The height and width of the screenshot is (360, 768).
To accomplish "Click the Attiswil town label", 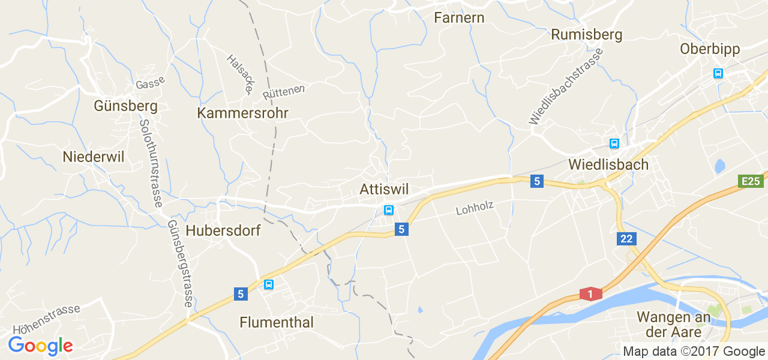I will pyautogui.click(x=384, y=190).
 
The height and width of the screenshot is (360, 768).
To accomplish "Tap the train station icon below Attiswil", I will pyautogui.click(x=389, y=210).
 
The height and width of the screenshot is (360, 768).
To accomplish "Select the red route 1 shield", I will pyautogui.click(x=590, y=294).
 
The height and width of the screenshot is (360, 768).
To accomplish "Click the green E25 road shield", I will pyautogui.click(x=751, y=181).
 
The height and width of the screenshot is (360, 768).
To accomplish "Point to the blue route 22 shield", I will pyautogui.click(x=626, y=239).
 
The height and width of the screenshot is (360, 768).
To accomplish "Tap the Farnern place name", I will pyautogui.click(x=459, y=17).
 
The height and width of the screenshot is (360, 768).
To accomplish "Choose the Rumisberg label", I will pyautogui.click(x=586, y=35).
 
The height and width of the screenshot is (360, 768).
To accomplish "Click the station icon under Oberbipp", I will pyautogui.click(x=718, y=73).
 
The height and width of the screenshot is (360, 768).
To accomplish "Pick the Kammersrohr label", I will pyautogui.click(x=243, y=113).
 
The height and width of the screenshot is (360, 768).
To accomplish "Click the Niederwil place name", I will pyautogui.click(x=93, y=157).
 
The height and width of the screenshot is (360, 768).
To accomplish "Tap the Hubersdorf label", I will pyautogui.click(x=223, y=230).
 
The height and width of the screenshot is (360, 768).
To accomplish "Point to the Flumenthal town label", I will pyautogui.click(x=277, y=322).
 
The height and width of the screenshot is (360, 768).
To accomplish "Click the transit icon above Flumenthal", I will pyautogui.click(x=269, y=284).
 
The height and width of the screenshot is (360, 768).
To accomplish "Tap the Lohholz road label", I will pyautogui.click(x=475, y=208).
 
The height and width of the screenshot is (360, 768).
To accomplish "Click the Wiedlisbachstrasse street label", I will pyautogui.click(x=566, y=86).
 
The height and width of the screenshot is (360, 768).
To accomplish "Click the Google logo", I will pyautogui.click(x=40, y=346).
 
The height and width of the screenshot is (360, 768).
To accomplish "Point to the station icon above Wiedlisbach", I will pyautogui.click(x=614, y=143).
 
